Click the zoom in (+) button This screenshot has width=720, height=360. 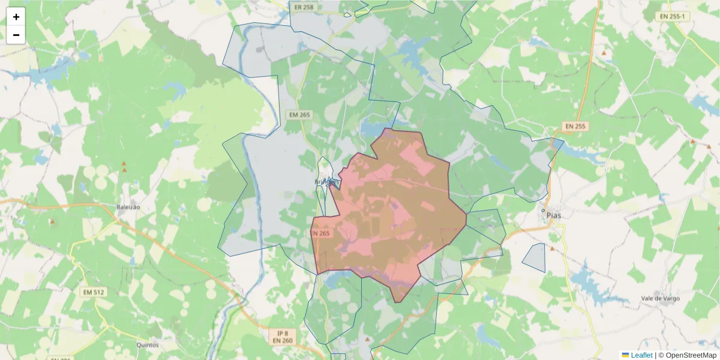point(16,17)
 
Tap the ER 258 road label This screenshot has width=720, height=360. point(305,7)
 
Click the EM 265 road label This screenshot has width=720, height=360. point(299,115)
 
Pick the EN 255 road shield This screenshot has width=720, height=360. point(576,127)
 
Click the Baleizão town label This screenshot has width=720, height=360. point(128,207)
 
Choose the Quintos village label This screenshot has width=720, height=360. point(148,345)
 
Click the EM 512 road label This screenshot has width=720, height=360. point(92,292)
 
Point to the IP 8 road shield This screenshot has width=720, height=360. point(283,333)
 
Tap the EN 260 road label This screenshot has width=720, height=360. point(283,341)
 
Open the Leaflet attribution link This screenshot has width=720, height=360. point(641,355)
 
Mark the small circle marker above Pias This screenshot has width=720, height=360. point(543,211)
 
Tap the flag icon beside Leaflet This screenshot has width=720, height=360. point(625,355)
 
